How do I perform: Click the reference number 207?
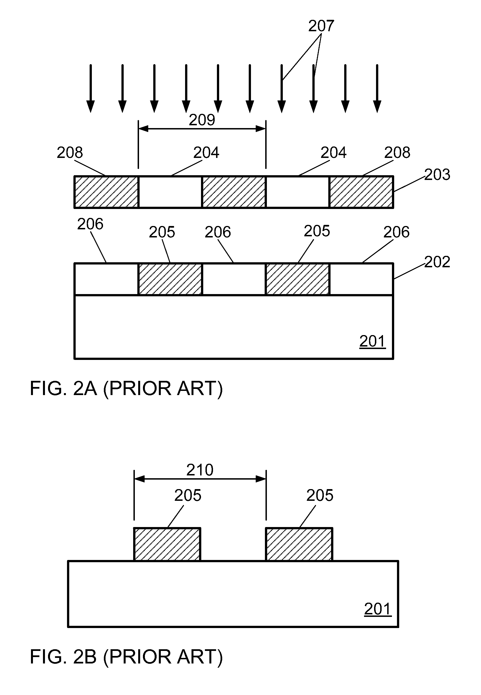[x=321, y=26]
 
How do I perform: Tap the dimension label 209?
[x=202, y=120]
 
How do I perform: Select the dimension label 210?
[x=200, y=470]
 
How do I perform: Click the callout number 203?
[x=437, y=175]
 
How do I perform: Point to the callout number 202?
[x=437, y=262]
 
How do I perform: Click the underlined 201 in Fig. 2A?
[x=372, y=342]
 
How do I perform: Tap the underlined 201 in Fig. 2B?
[x=378, y=609]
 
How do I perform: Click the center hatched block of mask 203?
[x=234, y=192]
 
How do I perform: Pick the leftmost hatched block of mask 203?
[x=106, y=192]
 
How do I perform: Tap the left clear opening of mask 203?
[x=170, y=192]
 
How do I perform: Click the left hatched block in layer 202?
[x=170, y=279]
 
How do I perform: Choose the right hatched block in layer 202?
[x=298, y=279]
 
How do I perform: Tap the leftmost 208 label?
[x=70, y=153]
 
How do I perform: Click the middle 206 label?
[x=217, y=232]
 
